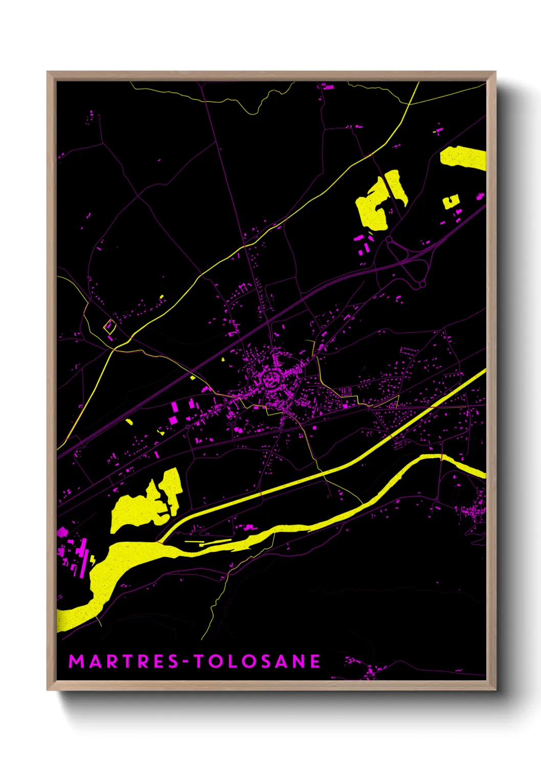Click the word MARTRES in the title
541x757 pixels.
click(x=123, y=661)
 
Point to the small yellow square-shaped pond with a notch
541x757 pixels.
click(x=450, y=202)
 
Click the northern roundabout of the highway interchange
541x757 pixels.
click(x=389, y=239)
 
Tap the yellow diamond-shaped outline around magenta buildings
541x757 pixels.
click(x=109, y=326)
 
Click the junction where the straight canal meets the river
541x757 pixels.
click(x=160, y=542)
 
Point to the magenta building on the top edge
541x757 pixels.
click(x=328, y=86)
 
